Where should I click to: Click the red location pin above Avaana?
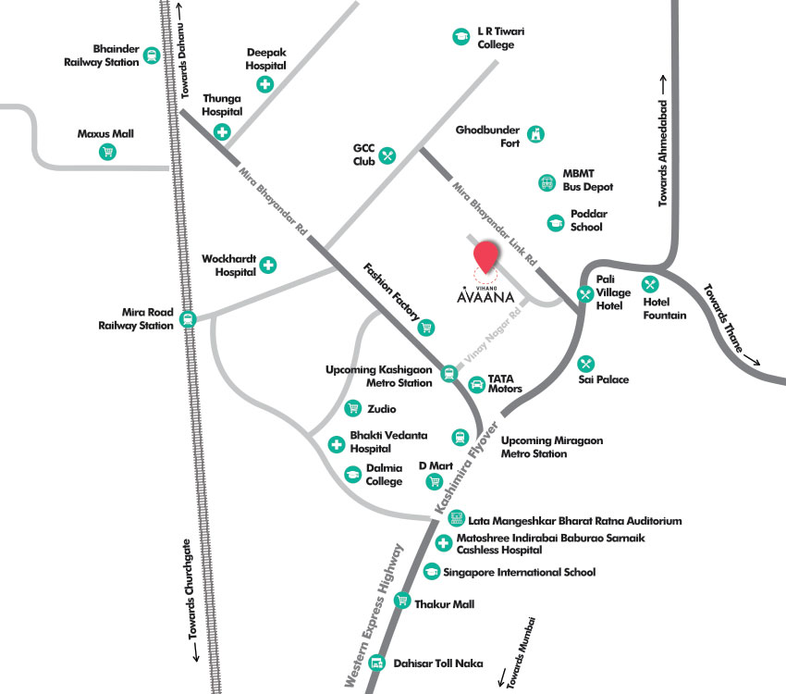click(485, 255)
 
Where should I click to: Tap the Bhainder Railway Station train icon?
click(151, 56)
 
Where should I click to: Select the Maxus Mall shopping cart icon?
click(108, 152)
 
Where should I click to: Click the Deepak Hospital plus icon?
click(265, 85)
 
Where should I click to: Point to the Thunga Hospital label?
click(222, 105)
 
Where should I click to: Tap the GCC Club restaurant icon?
click(387, 155)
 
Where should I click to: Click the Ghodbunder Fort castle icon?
click(535, 135)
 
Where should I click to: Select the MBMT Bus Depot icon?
click(546, 182)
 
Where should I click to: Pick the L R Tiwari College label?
click(501, 37)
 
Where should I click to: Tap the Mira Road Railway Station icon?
click(189, 319)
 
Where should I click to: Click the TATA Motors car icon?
click(476, 383)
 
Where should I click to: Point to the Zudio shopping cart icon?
click(352, 408)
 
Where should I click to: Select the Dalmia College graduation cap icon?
click(352, 474)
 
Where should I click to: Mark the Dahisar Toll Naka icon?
click(376, 663)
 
